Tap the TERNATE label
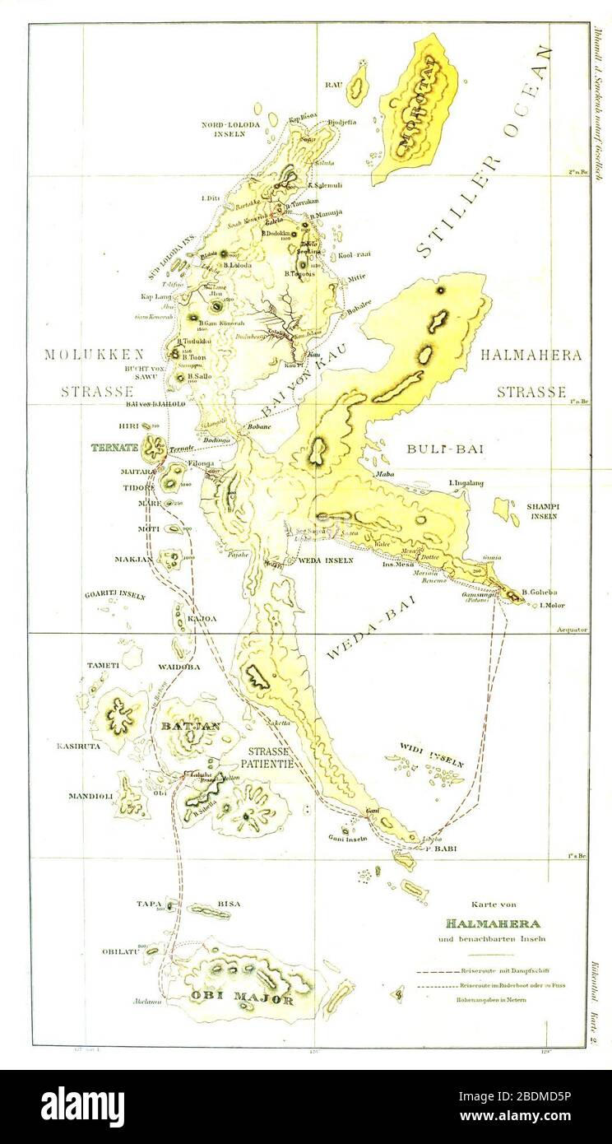116,449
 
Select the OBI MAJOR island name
243,1000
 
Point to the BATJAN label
191,726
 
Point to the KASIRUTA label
78,746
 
